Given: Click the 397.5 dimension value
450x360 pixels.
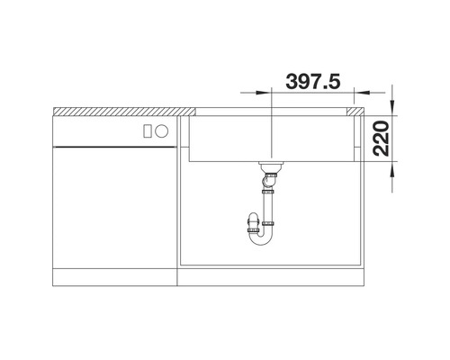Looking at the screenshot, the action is (x=313, y=81).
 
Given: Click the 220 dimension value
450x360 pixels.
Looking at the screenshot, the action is (x=381, y=139).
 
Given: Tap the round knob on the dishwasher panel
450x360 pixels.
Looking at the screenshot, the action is (x=162, y=131).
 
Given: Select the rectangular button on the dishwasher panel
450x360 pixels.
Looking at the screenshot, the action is (x=148, y=131).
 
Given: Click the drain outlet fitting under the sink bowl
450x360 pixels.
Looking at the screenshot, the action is (x=271, y=166).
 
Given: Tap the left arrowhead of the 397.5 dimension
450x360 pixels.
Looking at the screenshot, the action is (x=263, y=93).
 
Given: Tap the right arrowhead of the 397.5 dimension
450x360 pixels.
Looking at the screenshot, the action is (x=362, y=93).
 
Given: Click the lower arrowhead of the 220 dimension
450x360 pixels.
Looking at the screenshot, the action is (x=392, y=169).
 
